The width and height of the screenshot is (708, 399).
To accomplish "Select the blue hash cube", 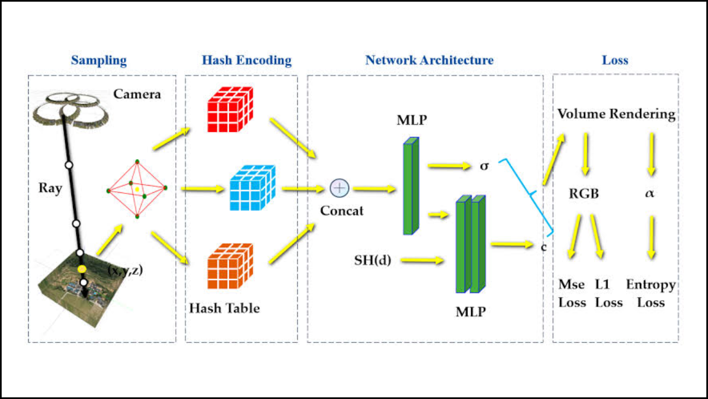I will click(x=252, y=188).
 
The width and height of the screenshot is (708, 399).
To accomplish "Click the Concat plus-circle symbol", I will click(x=339, y=188).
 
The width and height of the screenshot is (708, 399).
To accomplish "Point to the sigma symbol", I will click(x=484, y=165).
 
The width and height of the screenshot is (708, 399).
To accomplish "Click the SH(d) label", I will click(x=373, y=259).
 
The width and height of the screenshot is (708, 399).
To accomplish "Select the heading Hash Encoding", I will click(x=246, y=60).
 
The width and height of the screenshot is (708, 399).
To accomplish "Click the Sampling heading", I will click(x=98, y=60).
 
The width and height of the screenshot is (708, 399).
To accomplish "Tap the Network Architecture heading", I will click(x=429, y=60).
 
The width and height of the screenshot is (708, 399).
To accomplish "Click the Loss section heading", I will click(x=615, y=60).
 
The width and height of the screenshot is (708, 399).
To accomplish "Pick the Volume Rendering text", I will click(x=616, y=114).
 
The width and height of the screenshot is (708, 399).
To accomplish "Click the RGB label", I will click(x=584, y=194).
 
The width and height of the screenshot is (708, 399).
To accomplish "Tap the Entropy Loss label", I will click(x=650, y=293).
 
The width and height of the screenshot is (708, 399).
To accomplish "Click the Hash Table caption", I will click(x=224, y=308).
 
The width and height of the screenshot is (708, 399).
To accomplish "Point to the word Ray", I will click(x=50, y=188).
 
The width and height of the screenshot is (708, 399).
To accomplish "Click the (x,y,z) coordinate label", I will click(x=124, y=271).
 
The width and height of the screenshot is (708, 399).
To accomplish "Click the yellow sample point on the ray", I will click(x=82, y=269).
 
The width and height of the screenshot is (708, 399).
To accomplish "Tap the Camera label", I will click(x=137, y=94).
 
